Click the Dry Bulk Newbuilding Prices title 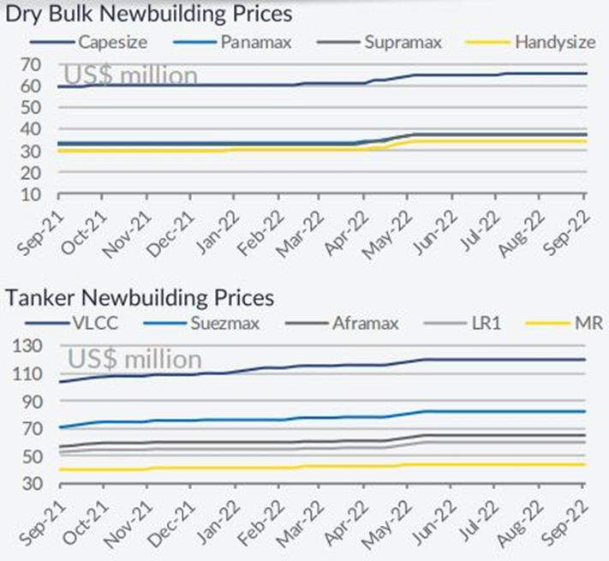tap(148, 15)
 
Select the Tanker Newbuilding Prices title tap(140, 297)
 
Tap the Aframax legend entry tap(340, 325)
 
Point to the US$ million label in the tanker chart tap(134, 359)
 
